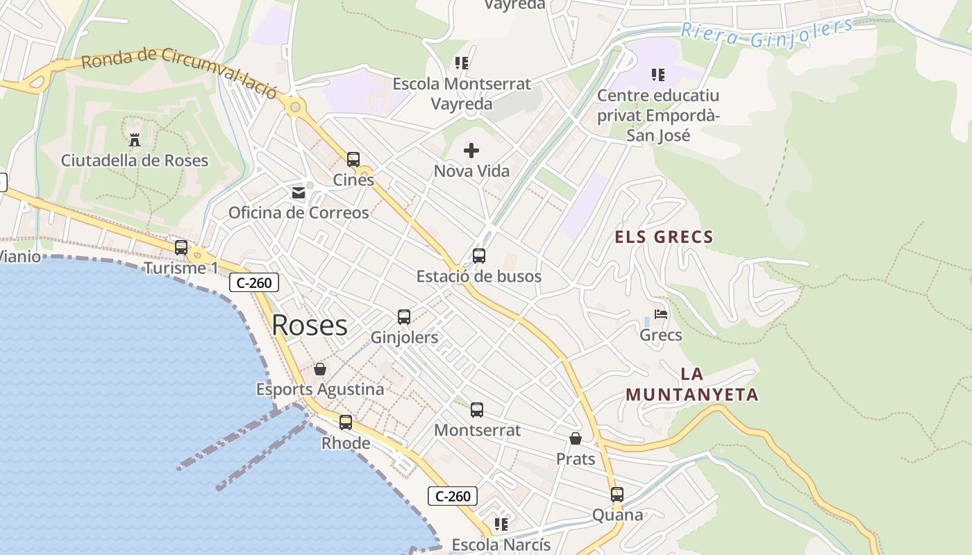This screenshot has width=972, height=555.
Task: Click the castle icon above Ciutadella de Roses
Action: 135,139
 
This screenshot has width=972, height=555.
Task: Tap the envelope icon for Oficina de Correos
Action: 299,192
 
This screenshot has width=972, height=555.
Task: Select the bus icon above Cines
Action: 353,160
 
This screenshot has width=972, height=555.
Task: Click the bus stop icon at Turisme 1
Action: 181,248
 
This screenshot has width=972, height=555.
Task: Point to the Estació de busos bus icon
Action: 479,256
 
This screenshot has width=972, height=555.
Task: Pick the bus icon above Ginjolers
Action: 404,317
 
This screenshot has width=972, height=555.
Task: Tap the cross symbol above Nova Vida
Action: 471,150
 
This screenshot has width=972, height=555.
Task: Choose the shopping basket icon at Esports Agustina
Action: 320,368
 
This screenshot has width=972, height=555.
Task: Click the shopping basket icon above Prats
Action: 576,438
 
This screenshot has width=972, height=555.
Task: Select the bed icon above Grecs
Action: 661,314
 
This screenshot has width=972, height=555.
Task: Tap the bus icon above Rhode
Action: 346,422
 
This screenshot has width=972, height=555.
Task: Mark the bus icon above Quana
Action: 617,495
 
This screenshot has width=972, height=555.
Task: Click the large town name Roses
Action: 310,325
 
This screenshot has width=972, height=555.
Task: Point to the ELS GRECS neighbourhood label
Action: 664,237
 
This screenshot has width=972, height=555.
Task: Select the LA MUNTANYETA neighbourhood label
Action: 692,384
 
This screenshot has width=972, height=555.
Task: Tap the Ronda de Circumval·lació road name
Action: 179,71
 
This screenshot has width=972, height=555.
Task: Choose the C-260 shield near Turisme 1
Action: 254,282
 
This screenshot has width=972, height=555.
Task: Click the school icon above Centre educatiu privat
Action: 657,74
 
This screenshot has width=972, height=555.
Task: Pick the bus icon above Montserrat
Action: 477,410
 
